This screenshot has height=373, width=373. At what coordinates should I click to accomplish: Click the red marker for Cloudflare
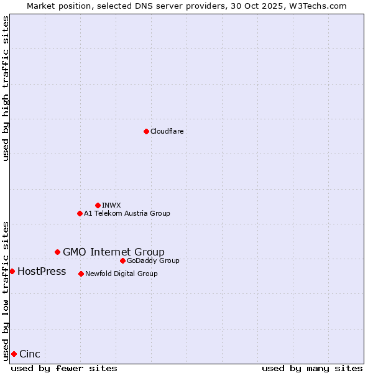click(x=146, y=131)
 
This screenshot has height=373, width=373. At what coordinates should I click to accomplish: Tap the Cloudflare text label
click(x=167, y=131)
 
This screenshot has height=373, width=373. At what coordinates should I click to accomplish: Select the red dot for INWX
click(x=98, y=205)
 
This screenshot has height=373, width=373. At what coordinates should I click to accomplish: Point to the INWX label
click(x=111, y=205)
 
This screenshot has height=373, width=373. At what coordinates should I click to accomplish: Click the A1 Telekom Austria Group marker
click(x=80, y=213)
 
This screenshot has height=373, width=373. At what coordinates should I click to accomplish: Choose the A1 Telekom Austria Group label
click(x=127, y=213)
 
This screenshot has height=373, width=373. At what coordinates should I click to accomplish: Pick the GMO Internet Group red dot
click(x=57, y=252)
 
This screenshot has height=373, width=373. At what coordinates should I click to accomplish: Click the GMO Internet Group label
click(x=114, y=252)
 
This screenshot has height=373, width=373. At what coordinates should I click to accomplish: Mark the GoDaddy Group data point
click(x=122, y=260)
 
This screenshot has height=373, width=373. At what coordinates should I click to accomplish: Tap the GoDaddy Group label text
click(x=153, y=260)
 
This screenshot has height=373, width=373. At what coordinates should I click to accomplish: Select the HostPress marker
click(x=12, y=271)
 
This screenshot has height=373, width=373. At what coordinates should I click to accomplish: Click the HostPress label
click(x=42, y=271)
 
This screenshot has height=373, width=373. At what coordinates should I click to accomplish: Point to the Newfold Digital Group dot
click(x=81, y=274)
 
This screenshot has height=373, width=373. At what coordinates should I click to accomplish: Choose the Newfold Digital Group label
click(x=121, y=274)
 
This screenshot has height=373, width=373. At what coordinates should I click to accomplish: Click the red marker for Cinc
click(x=14, y=354)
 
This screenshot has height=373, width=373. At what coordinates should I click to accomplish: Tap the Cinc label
click(x=30, y=354)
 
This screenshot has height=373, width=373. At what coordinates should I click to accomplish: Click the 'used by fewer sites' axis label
click(x=64, y=368)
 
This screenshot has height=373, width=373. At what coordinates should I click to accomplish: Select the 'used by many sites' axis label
click(x=312, y=368)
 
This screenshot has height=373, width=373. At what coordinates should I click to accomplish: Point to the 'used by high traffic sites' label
click(x=6, y=88)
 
